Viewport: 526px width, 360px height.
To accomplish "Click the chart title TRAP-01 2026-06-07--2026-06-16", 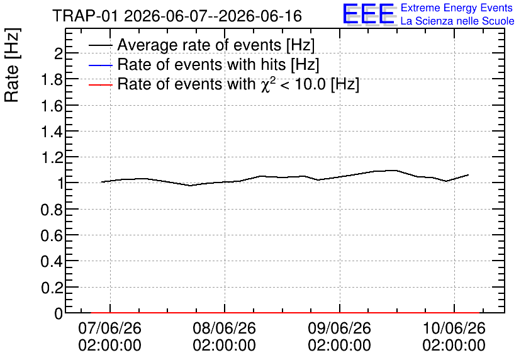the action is point(177,16).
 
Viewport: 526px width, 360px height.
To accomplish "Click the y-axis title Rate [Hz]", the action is point(12,65).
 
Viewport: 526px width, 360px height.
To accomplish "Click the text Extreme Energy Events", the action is point(457,8).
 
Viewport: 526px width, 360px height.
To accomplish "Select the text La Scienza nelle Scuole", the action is point(457,21).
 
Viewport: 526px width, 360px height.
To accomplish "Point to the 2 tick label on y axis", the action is point(59,53).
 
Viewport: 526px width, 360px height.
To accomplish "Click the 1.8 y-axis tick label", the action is point(52,79).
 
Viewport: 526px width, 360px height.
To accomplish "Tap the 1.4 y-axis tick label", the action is point(52,132).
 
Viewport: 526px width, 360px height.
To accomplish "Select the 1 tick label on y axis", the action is point(60,184).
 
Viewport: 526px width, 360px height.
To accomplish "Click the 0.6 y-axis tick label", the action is point(52,235).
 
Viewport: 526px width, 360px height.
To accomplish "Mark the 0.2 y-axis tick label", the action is point(52,288).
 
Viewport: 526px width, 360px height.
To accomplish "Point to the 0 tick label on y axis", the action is point(59,313).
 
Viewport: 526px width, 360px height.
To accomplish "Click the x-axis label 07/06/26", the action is point(109,328).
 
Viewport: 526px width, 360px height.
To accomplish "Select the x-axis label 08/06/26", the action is point(224,328).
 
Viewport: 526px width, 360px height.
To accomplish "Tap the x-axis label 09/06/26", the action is point(340,328).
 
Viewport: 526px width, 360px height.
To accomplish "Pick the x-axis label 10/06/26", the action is point(454,328).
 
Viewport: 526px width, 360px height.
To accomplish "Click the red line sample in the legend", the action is point(101,85).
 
